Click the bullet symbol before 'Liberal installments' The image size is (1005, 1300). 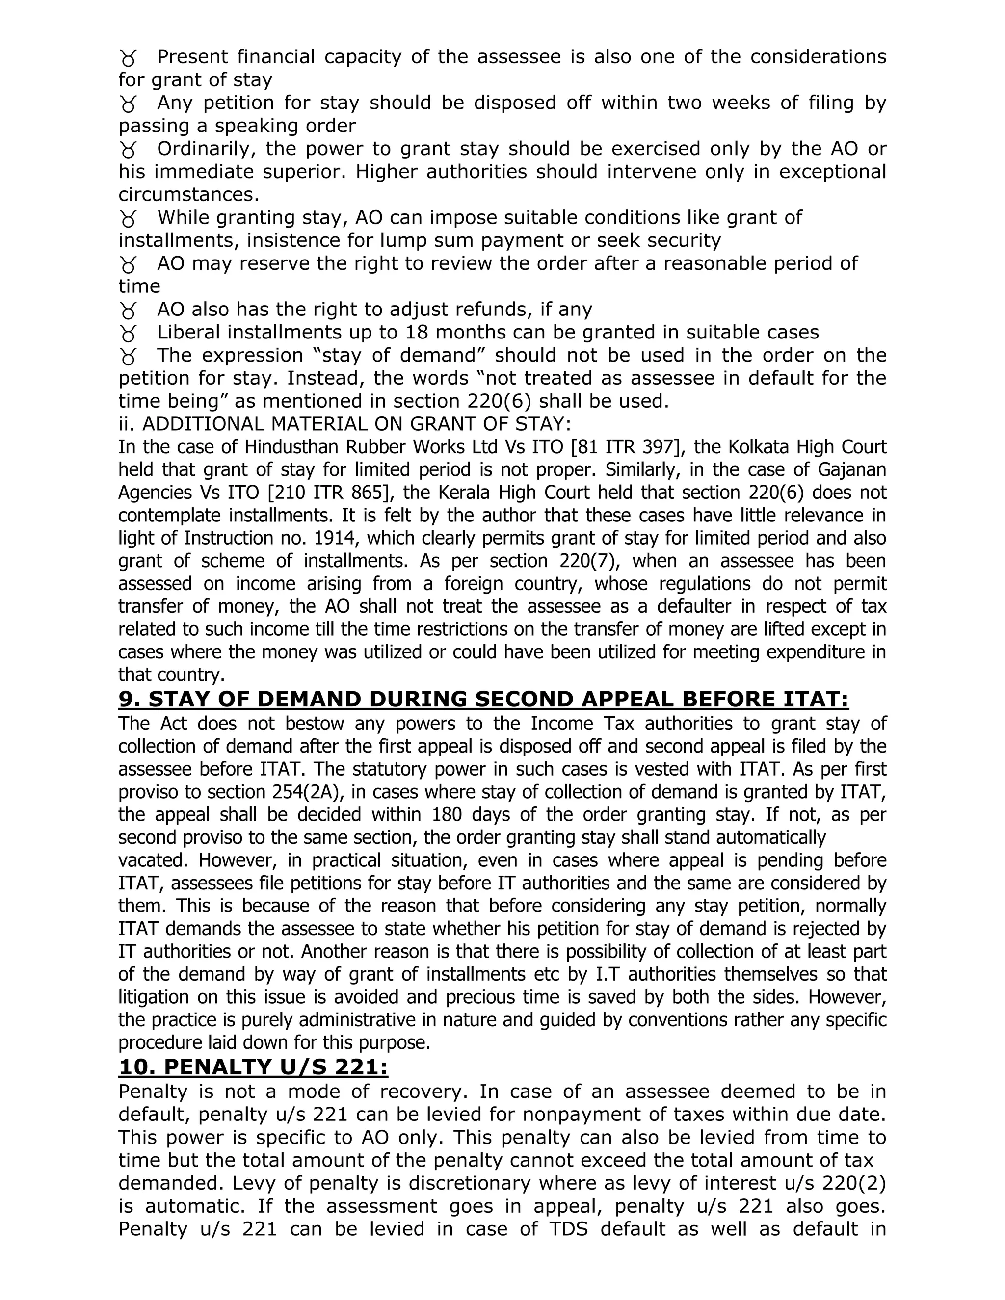128,333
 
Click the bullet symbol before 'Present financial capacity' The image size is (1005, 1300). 128,58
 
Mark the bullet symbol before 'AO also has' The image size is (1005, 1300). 128,310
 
